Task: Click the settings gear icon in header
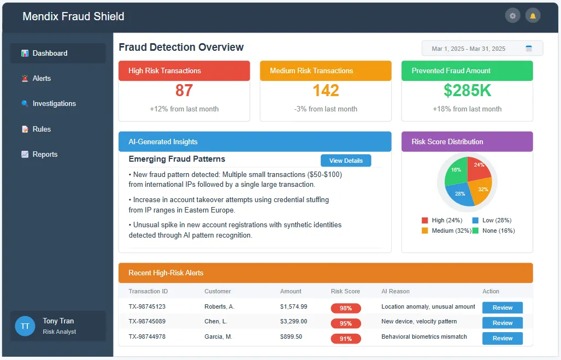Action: coord(512,16)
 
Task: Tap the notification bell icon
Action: coord(533,16)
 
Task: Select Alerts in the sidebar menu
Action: coord(42,79)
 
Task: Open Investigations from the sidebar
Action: coord(54,104)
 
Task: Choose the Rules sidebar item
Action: coord(42,129)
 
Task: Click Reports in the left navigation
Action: coord(45,155)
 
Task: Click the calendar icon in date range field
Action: coord(529,49)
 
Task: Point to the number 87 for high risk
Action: coord(184,91)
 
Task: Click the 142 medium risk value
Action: coord(326,91)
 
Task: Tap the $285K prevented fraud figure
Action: coord(467,91)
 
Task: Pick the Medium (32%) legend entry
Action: coord(442,231)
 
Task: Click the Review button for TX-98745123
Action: coord(502,308)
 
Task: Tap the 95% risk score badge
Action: coord(346,323)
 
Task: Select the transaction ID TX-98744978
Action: coord(147,337)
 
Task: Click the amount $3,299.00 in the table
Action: coord(293,322)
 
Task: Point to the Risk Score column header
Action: coord(345,292)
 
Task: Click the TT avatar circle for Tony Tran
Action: coord(25,326)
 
